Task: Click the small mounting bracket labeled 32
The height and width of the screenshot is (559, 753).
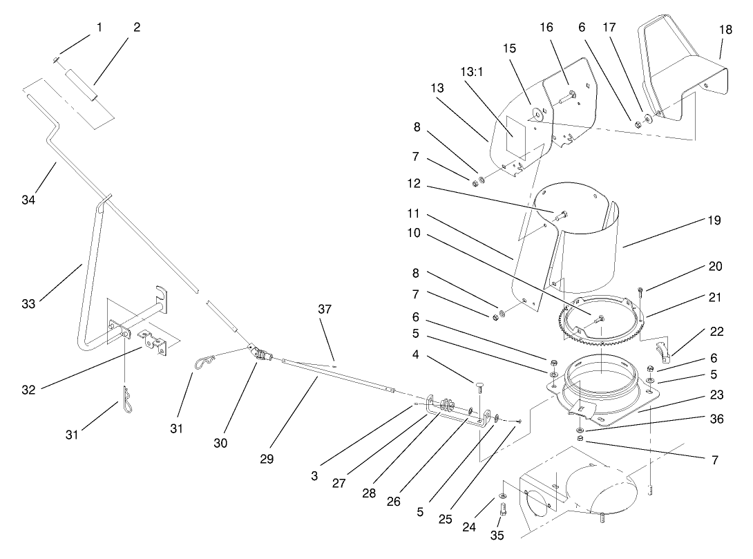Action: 154,341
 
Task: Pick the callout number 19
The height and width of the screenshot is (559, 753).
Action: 714,221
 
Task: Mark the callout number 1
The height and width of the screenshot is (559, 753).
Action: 99,28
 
